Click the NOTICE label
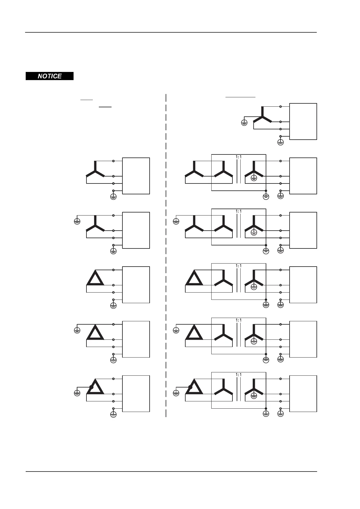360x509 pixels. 50,76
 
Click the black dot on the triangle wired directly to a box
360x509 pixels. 91,387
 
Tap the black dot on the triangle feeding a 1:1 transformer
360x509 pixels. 190,387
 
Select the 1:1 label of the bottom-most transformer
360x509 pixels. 238,374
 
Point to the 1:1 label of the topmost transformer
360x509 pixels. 238,157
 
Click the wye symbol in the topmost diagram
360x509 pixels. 262,116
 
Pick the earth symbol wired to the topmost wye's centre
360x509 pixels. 244,123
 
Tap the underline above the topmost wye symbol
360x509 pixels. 241,97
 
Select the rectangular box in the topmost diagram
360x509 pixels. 303,122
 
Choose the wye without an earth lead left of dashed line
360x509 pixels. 95,171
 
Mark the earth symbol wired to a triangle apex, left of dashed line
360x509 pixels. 77,330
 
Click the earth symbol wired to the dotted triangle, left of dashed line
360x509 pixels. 77,393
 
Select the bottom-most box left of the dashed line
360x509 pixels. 136,394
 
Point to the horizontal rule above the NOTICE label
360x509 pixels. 171,32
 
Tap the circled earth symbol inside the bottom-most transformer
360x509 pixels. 254,396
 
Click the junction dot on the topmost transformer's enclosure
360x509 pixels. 266,191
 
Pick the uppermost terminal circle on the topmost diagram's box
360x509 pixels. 281,107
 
